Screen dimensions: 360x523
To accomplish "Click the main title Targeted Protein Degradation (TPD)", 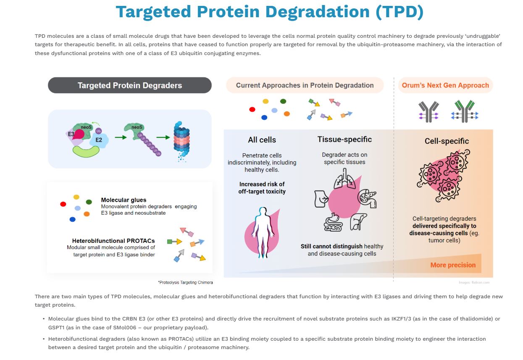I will [x=269, y=12].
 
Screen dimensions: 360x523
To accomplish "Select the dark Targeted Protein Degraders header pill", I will [x=130, y=85].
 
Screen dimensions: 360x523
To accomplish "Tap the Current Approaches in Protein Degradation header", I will [x=305, y=85].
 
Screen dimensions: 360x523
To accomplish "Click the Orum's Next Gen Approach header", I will [x=445, y=85].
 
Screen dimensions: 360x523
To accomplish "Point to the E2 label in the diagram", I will [x=99, y=140].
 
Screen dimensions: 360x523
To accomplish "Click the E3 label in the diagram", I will [x=71, y=135].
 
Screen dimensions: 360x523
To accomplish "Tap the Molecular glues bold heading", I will [x=124, y=200].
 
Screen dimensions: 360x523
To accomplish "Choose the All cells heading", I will [x=262, y=140].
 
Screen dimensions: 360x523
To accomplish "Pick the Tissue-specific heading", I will [x=344, y=139].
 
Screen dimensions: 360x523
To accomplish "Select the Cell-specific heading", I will [x=447, y=141].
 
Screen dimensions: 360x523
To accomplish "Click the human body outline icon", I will [x=261, y=229].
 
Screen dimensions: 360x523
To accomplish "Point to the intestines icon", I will [x=333, y=222].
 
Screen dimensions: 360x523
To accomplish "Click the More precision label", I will [x=453, y=265].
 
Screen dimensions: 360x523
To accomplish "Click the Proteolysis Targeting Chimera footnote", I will [x=185, y=282].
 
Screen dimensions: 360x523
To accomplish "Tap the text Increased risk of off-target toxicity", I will [x=262, y=188].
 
